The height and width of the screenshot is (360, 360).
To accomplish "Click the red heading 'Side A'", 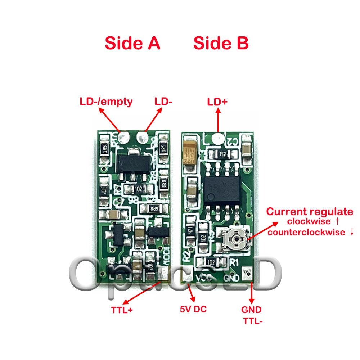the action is pyautogui.click(x=132, y=44).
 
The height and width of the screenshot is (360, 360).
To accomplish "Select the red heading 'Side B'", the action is pyautogui.click(x=221, y=44).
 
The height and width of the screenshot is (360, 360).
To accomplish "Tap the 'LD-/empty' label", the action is pyautogui.click(x=106, y=102).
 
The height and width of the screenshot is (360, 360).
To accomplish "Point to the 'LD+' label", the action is pyautogui.click(x=217, y=102).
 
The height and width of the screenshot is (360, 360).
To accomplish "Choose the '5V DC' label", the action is pyautogui.click(x=193, y=309).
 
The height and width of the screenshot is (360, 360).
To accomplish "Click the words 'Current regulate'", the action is pyautogui.click(x=310, y=212).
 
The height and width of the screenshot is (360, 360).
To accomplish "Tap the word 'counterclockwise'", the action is pyautogui.click(x=306, y=232).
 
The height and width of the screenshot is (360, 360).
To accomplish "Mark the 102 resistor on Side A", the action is pyautogui.click(x=138, y=189).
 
